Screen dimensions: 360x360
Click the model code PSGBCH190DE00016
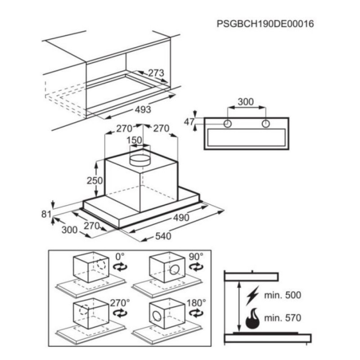[x=265, y=24]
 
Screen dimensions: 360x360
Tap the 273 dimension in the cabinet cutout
[x=156, y=73]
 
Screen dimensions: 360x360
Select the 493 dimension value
[x=143, y=109]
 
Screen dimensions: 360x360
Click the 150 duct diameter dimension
[x=135, y=140]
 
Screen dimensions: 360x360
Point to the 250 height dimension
[x=94, y=181]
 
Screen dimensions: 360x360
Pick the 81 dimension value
[x=46, y=214]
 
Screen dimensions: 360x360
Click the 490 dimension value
[x=181, y=217]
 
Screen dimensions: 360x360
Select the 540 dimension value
[x=163, y=236]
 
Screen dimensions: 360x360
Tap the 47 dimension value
[x=189, y=122]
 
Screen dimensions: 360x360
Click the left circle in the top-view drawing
[x=228, y=124]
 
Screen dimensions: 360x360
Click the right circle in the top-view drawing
[x=265, y=124]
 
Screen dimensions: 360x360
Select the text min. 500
[x=283, y=295]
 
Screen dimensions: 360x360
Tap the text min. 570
[x=283, y=318]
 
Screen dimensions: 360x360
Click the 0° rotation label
[x=120, y=256]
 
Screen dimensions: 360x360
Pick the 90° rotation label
[x=196, y=256]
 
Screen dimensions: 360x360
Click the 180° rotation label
[x=196, y=303]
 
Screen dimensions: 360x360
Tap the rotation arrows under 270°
[x=120, y=313]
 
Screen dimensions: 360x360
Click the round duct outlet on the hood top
[x=140, y=160]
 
